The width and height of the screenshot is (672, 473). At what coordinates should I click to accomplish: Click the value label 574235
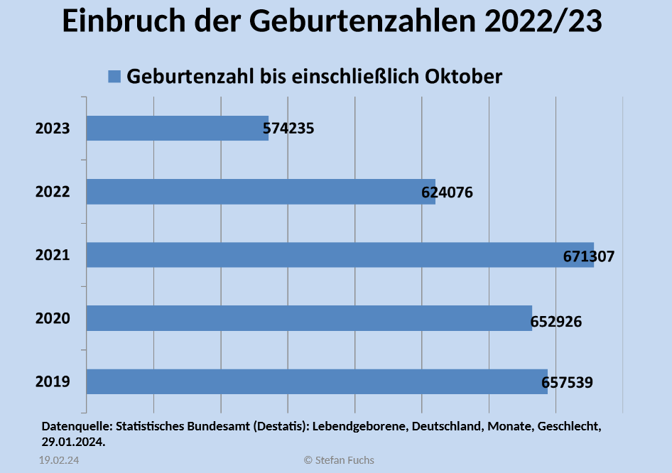point(288,129)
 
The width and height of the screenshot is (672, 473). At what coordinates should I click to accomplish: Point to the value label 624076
point(447,192)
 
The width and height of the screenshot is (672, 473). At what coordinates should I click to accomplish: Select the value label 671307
point(589,256)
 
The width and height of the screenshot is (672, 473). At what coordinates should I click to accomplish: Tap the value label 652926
point(556,322)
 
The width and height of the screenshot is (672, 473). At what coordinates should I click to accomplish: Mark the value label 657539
point(567,384)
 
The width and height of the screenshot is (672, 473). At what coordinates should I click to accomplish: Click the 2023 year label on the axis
point(53,129)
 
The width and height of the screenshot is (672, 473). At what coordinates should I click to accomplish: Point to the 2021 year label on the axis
point(53,255)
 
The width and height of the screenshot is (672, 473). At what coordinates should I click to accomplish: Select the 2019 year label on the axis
point(53,382)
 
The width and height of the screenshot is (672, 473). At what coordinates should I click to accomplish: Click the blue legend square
point(114,77)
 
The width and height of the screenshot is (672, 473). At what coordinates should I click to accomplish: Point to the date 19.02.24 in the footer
point(58,460)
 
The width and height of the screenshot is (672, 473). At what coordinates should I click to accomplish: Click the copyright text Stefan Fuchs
point(339,460)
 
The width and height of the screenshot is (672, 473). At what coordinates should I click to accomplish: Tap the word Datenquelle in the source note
point(75,427)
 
